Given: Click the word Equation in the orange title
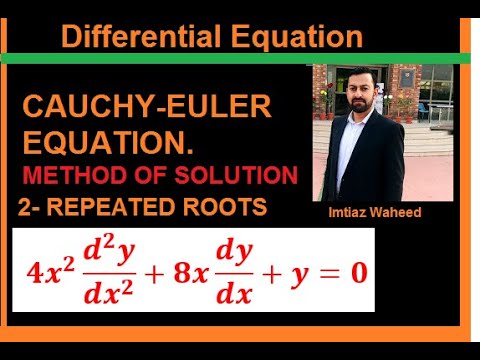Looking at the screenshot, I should point(290,38).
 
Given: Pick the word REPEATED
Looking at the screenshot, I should point(114,208).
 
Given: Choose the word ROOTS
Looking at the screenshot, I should point(226,208).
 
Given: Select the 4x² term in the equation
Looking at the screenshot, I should point(51,270).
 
